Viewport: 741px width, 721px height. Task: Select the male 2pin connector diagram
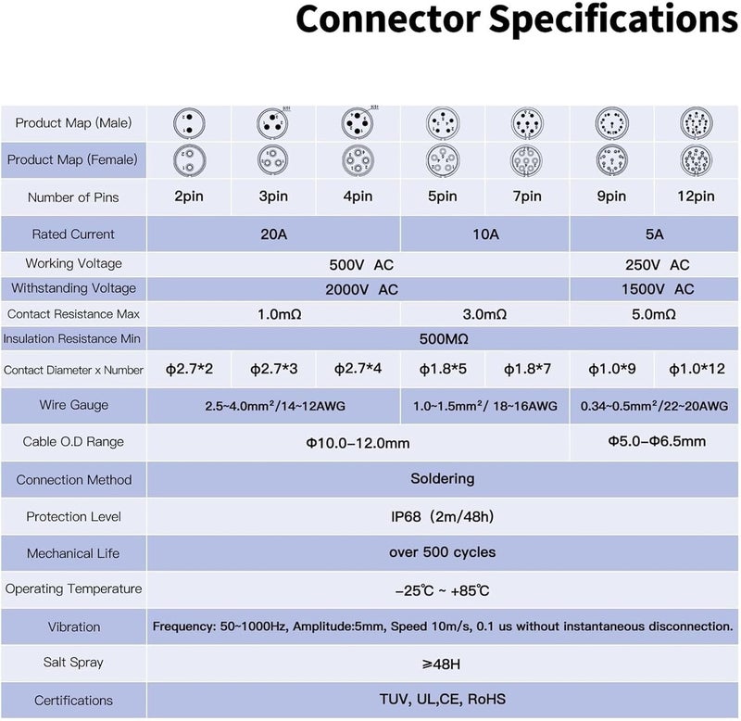point(189,123)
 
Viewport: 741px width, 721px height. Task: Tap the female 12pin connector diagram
point(697,160)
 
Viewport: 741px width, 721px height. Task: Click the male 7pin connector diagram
point(527,123)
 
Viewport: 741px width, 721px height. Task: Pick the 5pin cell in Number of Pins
point(443,196)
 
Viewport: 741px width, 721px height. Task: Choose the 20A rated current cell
point(273,234)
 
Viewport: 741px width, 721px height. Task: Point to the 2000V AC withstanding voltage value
point(361,289)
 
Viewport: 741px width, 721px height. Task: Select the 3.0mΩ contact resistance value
point(484,314)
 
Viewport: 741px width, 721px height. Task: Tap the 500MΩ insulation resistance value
point(444,339)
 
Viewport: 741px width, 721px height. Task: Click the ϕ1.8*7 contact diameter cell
point(527,369)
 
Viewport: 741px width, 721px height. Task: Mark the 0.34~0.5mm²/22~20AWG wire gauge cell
point(654,406)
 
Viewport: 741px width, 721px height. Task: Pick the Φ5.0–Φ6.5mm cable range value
point(657,441)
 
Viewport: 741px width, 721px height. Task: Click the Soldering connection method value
point(443,478)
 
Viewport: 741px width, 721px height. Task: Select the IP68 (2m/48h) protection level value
point(443,516)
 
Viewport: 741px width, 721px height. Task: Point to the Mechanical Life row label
point(73,553)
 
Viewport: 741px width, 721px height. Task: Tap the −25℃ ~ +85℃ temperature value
point(443,590)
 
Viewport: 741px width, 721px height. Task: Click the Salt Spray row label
point(73,663)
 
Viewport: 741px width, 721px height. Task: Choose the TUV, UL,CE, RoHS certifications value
point(443,700)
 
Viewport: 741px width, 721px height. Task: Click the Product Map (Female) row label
point(72,159)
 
